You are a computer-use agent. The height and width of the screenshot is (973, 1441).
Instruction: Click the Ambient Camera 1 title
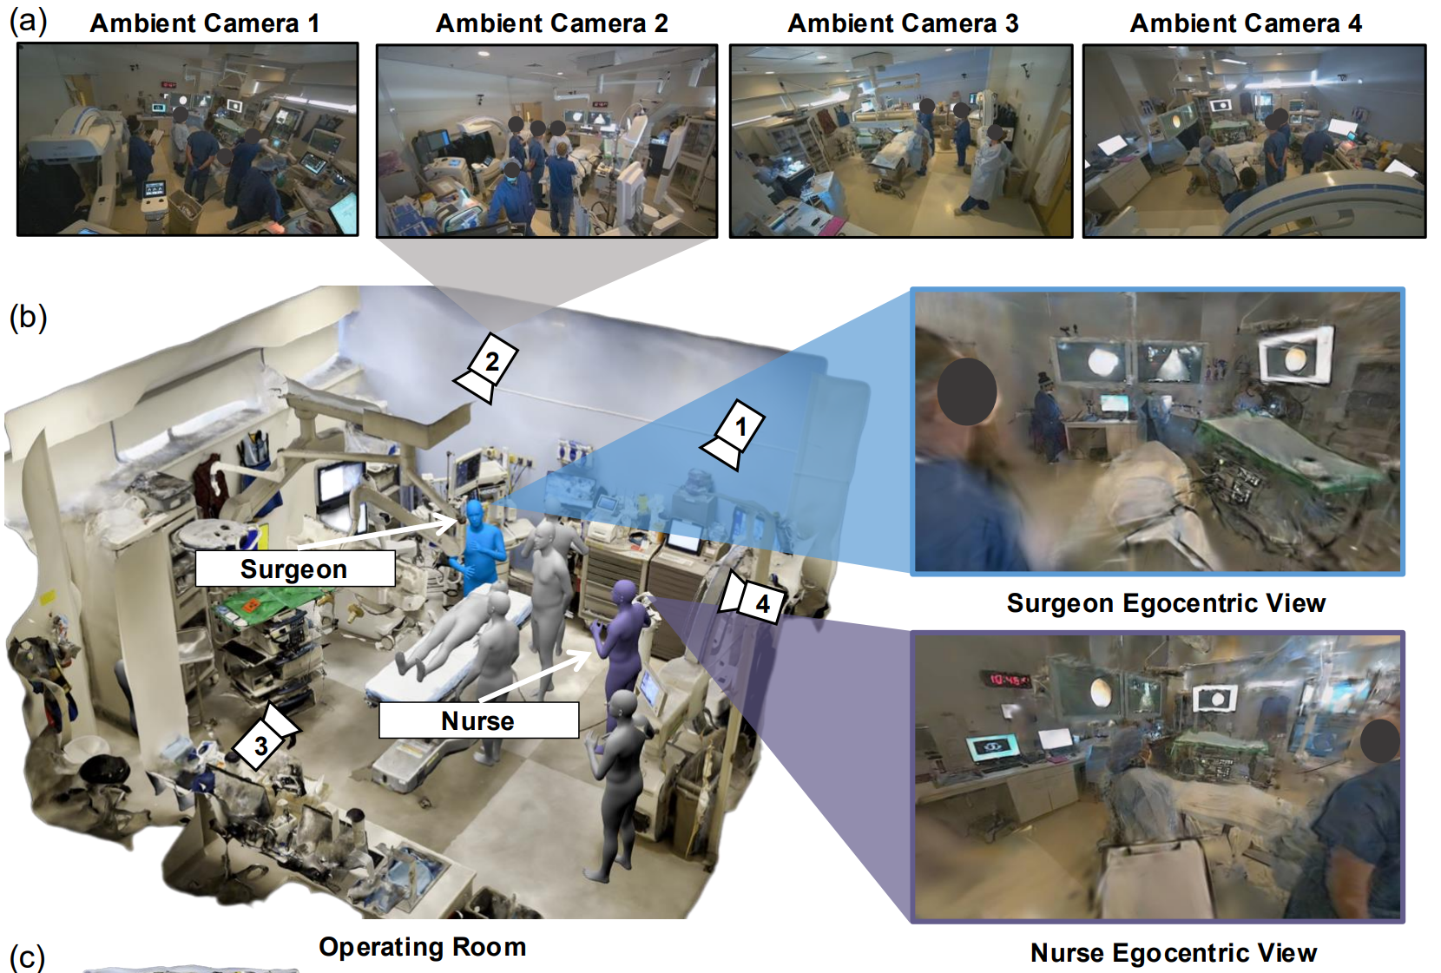pos(205,23)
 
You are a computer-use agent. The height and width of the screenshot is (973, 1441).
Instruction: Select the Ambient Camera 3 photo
pos(901,141)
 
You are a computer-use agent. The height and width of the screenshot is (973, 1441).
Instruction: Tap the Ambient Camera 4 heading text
pos(1246,23)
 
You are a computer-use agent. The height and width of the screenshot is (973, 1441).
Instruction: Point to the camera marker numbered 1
pos(734,434)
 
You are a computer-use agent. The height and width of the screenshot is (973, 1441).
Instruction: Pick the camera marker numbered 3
pos(265,736)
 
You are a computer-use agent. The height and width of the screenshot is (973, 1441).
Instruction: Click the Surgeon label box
pos(295,569)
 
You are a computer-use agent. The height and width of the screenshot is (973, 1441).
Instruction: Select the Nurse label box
pos(478,720)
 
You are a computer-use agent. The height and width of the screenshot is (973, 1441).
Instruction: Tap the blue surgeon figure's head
pos(475,516)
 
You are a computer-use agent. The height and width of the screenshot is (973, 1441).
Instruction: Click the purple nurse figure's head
pos(624,593)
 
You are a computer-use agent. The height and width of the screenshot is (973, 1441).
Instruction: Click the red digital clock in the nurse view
pos(1004,680)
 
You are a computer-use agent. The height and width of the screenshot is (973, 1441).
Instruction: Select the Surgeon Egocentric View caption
pos(1166,603)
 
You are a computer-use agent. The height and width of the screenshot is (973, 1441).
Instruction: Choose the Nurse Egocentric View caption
pos(1174,952)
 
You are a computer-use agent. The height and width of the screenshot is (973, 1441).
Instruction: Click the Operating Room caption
pos(423,947)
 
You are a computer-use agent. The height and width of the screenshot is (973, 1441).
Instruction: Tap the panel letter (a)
pos(28,21)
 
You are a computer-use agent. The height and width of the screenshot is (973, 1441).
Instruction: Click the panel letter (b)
pos(28,317)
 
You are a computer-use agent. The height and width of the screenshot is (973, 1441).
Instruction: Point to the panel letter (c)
pos(28,957)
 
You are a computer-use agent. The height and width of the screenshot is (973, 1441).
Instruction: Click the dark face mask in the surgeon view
pos(967,391)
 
